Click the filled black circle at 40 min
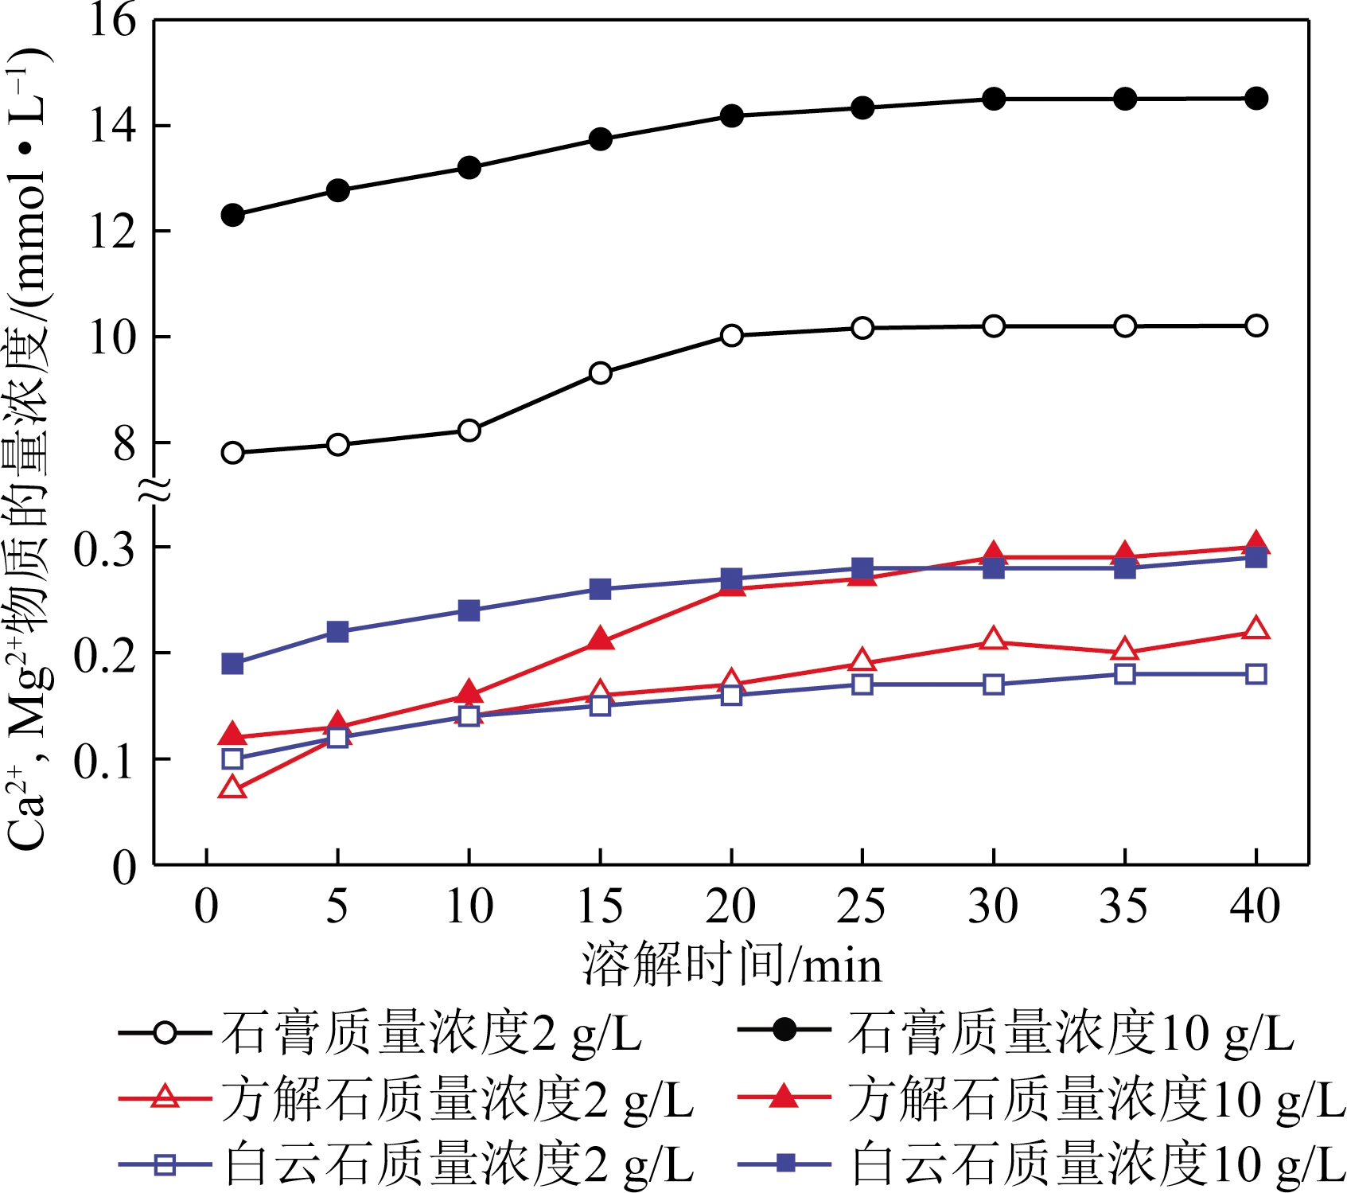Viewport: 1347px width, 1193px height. [x=1256, y=99]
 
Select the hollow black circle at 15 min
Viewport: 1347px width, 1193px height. [x=601, y=373]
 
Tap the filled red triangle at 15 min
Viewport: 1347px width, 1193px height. [x=601, y=640]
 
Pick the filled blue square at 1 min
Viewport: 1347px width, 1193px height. [x=232, y=664]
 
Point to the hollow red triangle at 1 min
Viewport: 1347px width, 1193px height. [x=232, y=789]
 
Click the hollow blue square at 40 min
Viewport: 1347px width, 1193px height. [x=1256, y=674]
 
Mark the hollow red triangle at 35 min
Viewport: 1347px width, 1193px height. [x=1124, y=650]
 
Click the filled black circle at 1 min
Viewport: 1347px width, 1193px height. [x=232, y=215]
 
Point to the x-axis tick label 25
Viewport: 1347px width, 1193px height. [x=862, y=906]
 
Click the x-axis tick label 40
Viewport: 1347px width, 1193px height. [x=1255, y=906]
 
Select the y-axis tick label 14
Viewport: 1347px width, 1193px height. [x=112, y=126]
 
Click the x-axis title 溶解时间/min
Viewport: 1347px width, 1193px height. [x=732, y=965]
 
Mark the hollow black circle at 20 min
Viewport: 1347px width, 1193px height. [x=732, y=336]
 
